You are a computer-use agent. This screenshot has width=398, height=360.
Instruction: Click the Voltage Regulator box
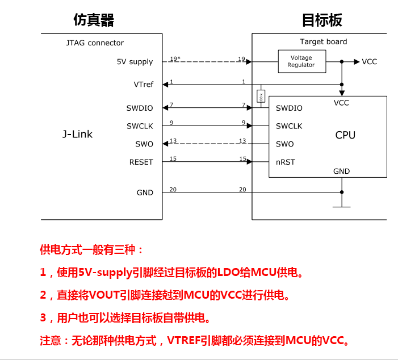pyautogui.click(x=301, y=61)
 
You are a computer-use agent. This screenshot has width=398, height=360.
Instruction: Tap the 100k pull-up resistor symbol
pyautogui.click(x=261, y=97)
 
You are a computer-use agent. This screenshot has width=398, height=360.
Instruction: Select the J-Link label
pyautogui.click(x=77, y=135)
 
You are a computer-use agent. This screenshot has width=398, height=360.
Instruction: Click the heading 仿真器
pyautogui.click(x=94, y=21)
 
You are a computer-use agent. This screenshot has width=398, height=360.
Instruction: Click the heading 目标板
pyautogui.click(x=322, y=21)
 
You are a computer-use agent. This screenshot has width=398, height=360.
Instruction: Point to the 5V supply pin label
pyautogui.click(x=135, y=62)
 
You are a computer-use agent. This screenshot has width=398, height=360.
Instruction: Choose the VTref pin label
pyautogui.click(x=143, y=85)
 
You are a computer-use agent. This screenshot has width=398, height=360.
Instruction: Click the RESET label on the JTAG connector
pyautogui.click(x=141, y=162)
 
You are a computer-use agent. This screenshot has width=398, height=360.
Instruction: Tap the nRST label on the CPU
pyautogui.click(x=286, y=162)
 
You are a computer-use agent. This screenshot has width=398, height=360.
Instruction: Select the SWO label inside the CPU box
pyautogui.click(x=284, y=144)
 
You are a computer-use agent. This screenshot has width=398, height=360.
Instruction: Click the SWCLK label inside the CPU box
pyautogui.click(x=289, y=126)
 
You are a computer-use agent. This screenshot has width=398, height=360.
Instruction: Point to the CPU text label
pyautogui.click(x=345, y=135)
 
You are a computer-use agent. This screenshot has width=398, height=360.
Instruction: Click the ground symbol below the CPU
pyautogui.click(x=342, y=206)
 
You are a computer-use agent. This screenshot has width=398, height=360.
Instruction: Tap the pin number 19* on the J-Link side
pyautogui.click(x=175, y=59)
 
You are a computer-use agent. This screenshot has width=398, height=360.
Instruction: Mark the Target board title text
pyautogui.click(x=323, y=41)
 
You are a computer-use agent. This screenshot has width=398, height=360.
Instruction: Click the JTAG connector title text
pyautogui.click(x=95, y=43)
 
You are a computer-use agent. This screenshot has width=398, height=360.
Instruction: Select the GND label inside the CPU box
pyautogui.click(x=341, y=171)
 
